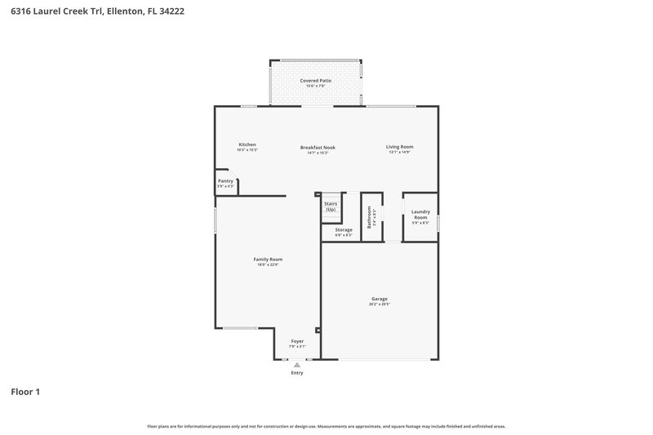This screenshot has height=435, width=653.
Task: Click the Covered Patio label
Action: pyautogui.click(x=315, y=81)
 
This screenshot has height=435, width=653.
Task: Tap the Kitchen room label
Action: pyautogui.click(x=247, y=144)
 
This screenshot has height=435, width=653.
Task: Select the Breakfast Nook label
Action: pyautogui.click(x=318, y=148)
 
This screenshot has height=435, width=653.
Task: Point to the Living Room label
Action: pyautogui.click(x=399, y=147)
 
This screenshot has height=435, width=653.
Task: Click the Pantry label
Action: pyautogui.click(x=225, y=181)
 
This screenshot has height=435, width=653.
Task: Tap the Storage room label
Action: pyautogui.click(x=343, y=229)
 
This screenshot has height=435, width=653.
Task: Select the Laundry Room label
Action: pyautogui.click(x=420, y=215)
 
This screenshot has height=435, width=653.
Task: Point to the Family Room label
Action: pyautogui.click(x=268, y=259)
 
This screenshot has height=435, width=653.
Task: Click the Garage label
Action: pyautogui.click(x=380, y=299)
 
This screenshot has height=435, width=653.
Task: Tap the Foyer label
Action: pyautogui.click(x=297, y=341)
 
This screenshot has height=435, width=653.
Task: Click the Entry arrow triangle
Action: pyautogui.click(x=297, y=365)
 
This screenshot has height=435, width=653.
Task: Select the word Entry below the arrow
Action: pyautogui.click(x=297, y=373)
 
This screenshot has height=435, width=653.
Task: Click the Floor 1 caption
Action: pyautogui.click(x=25, y=392)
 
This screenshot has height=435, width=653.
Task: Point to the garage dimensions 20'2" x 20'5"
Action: pyautogui.click(x=380, y=304)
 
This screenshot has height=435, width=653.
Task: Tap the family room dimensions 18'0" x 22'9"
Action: pyautogui.click(x=268, y=264)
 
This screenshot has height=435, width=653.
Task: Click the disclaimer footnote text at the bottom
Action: pyautogui.click(x=326, y=426)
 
